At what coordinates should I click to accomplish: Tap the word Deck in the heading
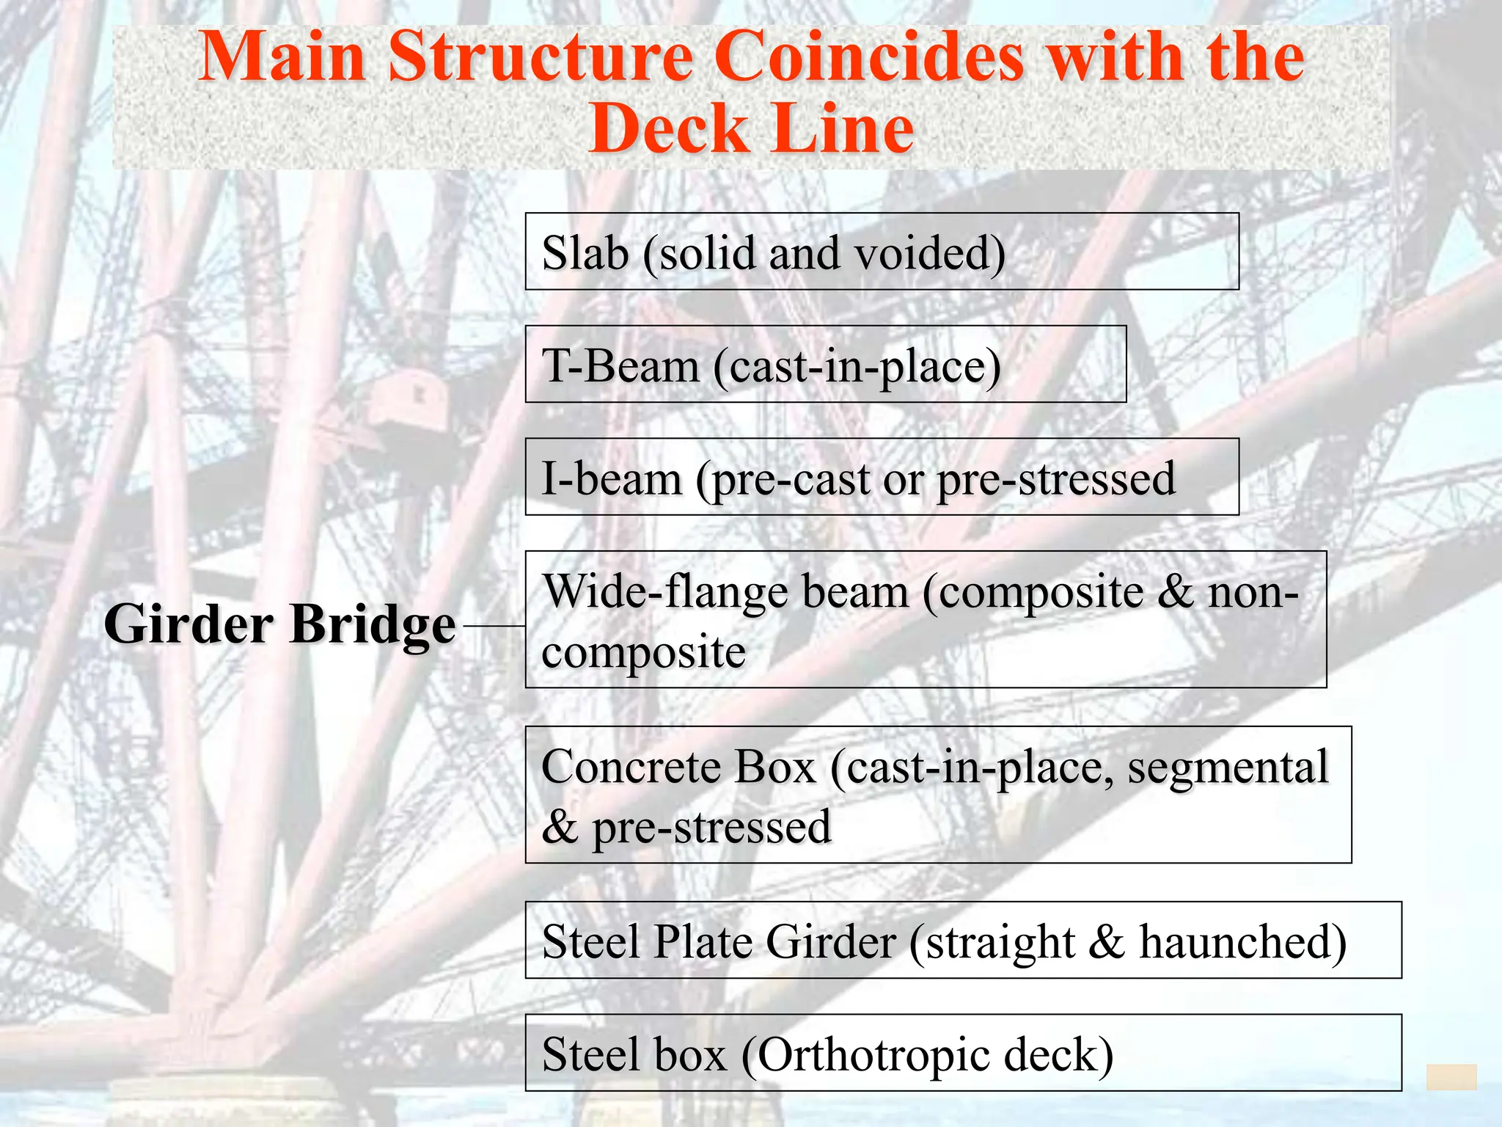pos(667,129)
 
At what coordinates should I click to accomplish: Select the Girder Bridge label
pos(279,624)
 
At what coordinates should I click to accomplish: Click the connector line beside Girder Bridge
pos(494,626)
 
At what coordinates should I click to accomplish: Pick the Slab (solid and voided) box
pos(882,252)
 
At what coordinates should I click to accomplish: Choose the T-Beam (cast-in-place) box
pos(825,365)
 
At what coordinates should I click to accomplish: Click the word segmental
pos(1228,767)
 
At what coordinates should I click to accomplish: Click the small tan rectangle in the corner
pos(1451,1077)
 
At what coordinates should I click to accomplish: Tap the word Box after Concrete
pos(774,767)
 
